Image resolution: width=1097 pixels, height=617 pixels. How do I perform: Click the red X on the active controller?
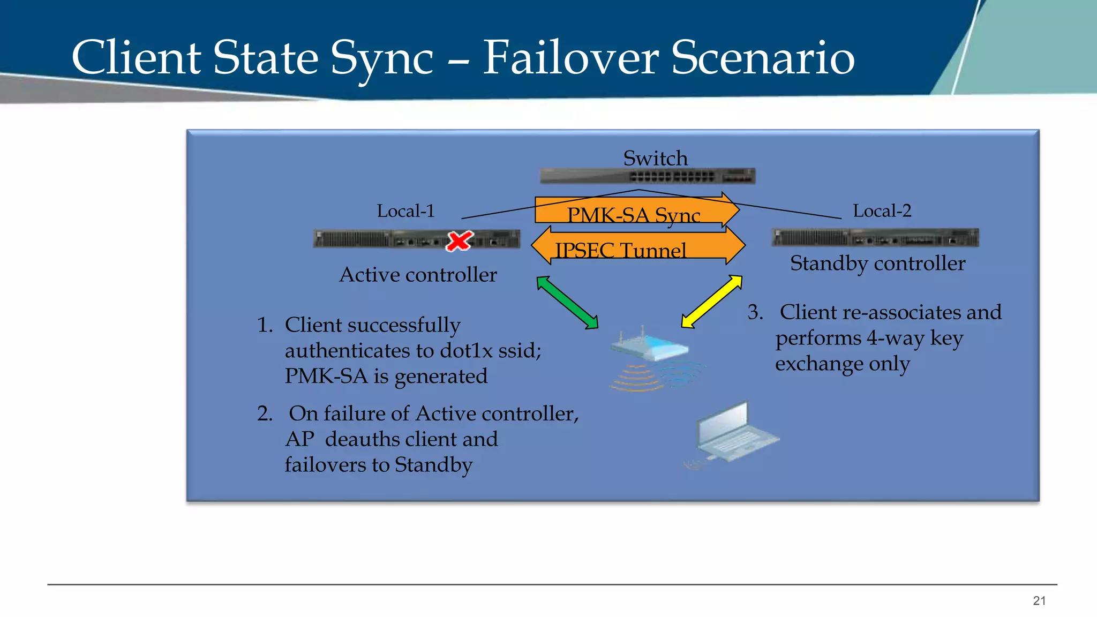(x=460, y=241)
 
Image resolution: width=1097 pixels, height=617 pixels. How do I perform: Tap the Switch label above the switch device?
(x=655, y=158)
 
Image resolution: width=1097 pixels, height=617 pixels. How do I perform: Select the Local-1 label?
(x=405, y=211)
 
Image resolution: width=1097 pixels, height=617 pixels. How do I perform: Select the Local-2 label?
(x=882, y=211)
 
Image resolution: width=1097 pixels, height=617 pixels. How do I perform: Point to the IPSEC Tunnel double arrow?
(x=637, y=247)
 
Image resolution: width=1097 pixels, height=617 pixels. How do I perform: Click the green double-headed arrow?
(x=567, y=303)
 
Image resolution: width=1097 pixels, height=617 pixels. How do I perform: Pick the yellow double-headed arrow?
(x=711, y=302)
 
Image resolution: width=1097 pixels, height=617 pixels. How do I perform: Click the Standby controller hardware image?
(x=875, y=237)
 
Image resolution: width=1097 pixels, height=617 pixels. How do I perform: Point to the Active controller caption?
(x=418, y=275)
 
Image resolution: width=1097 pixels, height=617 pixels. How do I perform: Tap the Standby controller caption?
(x=877, y=264)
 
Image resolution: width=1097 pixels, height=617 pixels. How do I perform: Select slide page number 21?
(x=1039, y=601)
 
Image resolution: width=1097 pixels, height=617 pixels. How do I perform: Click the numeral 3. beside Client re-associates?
(x=755, y=312)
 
